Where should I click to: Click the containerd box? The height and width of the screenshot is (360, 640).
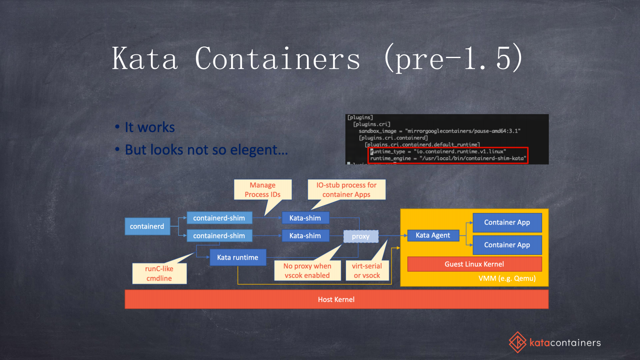click(147, 227)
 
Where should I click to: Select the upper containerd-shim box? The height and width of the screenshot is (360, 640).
click(219, 218)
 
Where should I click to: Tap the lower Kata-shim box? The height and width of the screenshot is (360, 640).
click(305, 236)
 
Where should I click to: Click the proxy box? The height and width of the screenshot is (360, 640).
click(361, 237)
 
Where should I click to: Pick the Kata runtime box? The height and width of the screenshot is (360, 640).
click(238, 258)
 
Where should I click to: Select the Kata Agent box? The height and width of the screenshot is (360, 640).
click(433, 235)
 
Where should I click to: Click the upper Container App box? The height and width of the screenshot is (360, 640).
click(507, 223)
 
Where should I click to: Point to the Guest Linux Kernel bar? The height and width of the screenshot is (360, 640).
click(474, 264)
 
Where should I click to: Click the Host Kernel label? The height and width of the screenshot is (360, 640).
click(336, 300)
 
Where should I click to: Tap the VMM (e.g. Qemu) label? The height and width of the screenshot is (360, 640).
click(507, 279)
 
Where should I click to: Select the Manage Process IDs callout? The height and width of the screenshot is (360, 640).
click(263, 190)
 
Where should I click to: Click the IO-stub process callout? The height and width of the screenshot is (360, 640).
click(346, 190)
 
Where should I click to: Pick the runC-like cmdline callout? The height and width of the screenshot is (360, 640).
click(159, 274)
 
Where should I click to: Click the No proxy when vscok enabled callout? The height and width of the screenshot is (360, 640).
click(307, 271)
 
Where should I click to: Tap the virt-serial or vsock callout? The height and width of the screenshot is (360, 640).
click(367, 271)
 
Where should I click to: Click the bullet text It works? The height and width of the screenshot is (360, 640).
click(150, 127)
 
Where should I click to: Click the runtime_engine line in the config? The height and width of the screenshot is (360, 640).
click(448, 158)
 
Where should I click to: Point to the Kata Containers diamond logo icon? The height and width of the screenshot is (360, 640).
click(517, 342)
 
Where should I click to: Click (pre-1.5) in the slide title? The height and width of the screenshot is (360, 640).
click(453, 59)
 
